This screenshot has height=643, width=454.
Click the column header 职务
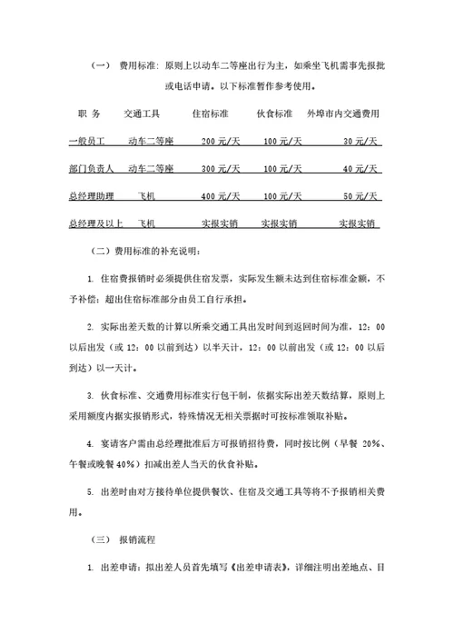pyautogui.click(x=89, y=114)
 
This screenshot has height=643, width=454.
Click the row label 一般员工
pyautogui.click(x=87, y=142)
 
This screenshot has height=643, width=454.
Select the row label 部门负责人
pyautogui.click(x=91, y=169)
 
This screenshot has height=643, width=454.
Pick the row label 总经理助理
pyautogui.click(x=91, y=196)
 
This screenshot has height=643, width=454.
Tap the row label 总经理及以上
pyautogui.click(x=94, y=223)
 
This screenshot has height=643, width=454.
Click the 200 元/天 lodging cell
pyautogui.click(x=221, y=142)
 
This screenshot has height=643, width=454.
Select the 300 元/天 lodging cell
pyautogui.click(x=221, y=169)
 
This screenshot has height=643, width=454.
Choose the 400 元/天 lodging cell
pyautogui.click(x=221, y=196)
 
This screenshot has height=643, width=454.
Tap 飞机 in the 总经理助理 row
pyautogui.click(x=145, y=196)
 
